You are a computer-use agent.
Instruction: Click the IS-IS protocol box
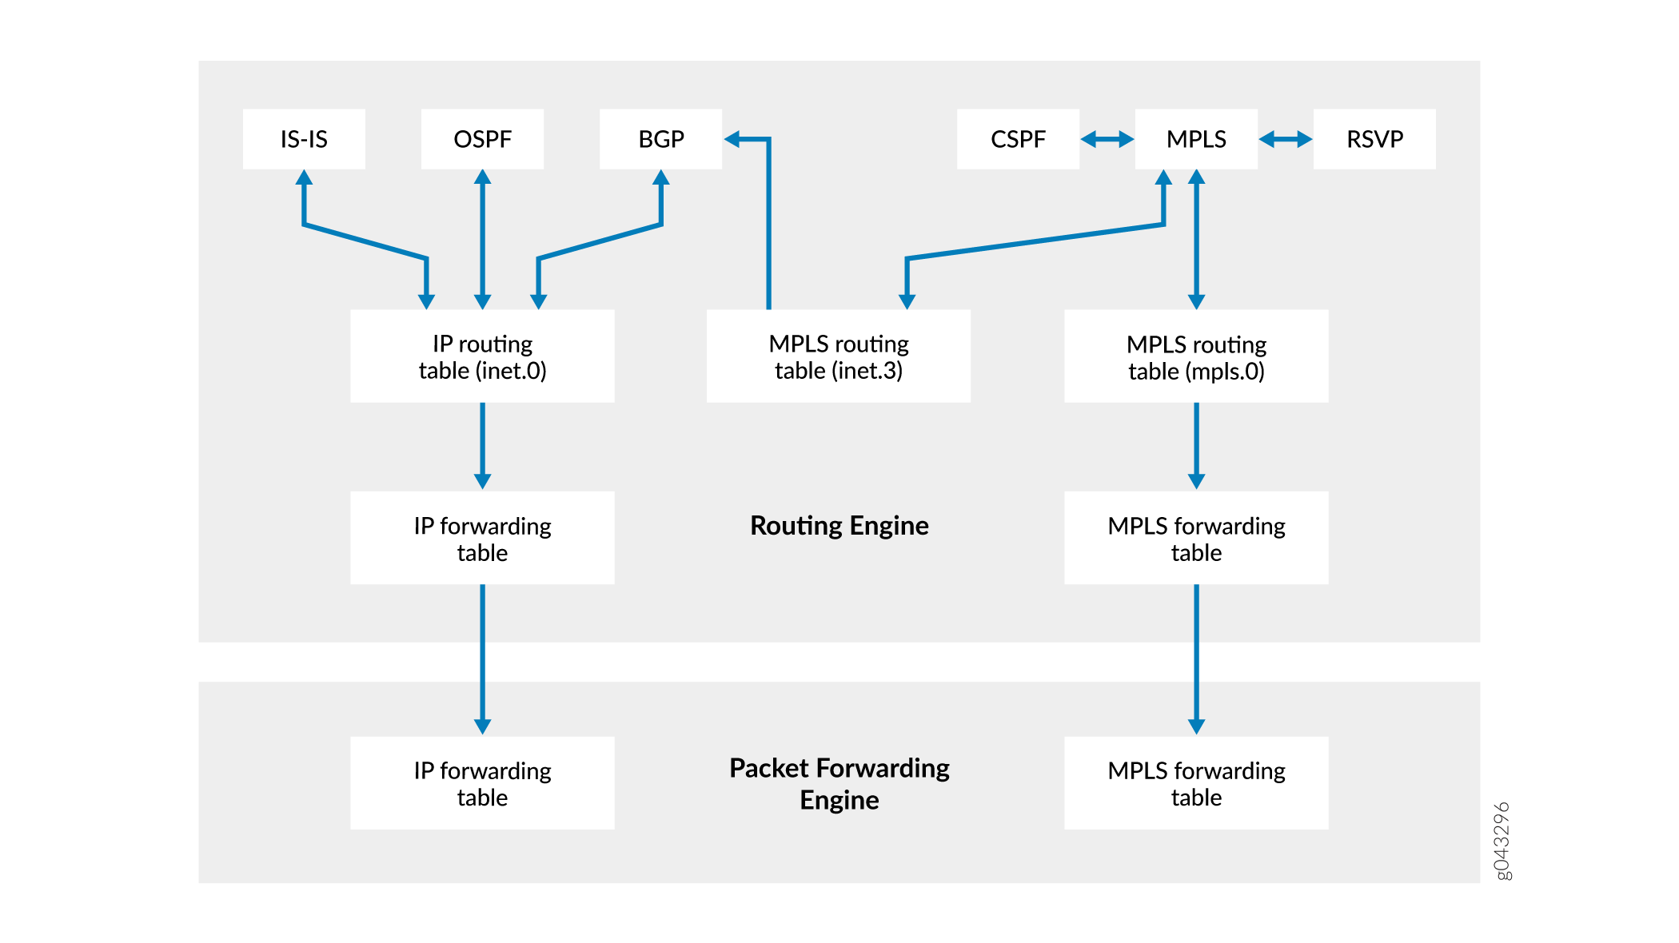pyautogui.click(x=304, y=139)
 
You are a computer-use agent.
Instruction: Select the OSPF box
pyautogui.click(x=482, y=139)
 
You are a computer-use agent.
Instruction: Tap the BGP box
pyautogui.click(x=660, y=139)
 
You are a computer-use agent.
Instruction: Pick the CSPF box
pyautogui.click(x=1018, y=139)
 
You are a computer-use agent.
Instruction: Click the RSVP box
pyautogui.click(x=1374, y=139)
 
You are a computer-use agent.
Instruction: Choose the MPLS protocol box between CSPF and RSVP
pyautogui.click(x=1196, y=139)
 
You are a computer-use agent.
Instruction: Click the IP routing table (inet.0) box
pyautogui.click(x=482, y=356)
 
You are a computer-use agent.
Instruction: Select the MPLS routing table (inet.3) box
pyautogui.click(x=839, y=356)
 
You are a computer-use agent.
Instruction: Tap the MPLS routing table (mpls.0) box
pyautogui.click(x=1196, y=356)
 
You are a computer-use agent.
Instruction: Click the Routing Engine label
pyautogui.click(x=839, y=526)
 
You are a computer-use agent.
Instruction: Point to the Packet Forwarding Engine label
pyautogui.click(x=839, y=783)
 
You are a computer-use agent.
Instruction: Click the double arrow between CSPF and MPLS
pyautogui.click(x=1107, y=140)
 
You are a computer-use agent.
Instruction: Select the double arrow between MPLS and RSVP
pyautogui.click(x=1286, y=140)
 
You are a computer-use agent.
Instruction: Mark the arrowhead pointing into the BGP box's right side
pyautogui.click(x=732, y=140)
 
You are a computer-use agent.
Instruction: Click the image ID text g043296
pyautogui.click(x=1502, y=841)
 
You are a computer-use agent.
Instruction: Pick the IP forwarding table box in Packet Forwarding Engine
pyautogui.click(x=482, y=783)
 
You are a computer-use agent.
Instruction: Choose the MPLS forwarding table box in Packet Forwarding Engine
pyautogui.click(x=1196, y=783)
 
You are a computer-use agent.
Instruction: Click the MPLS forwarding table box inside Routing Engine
pyautogui.click(x=1196, y=538)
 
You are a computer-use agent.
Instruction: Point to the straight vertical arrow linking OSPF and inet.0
pyautogui.click(x=482, y=240)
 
